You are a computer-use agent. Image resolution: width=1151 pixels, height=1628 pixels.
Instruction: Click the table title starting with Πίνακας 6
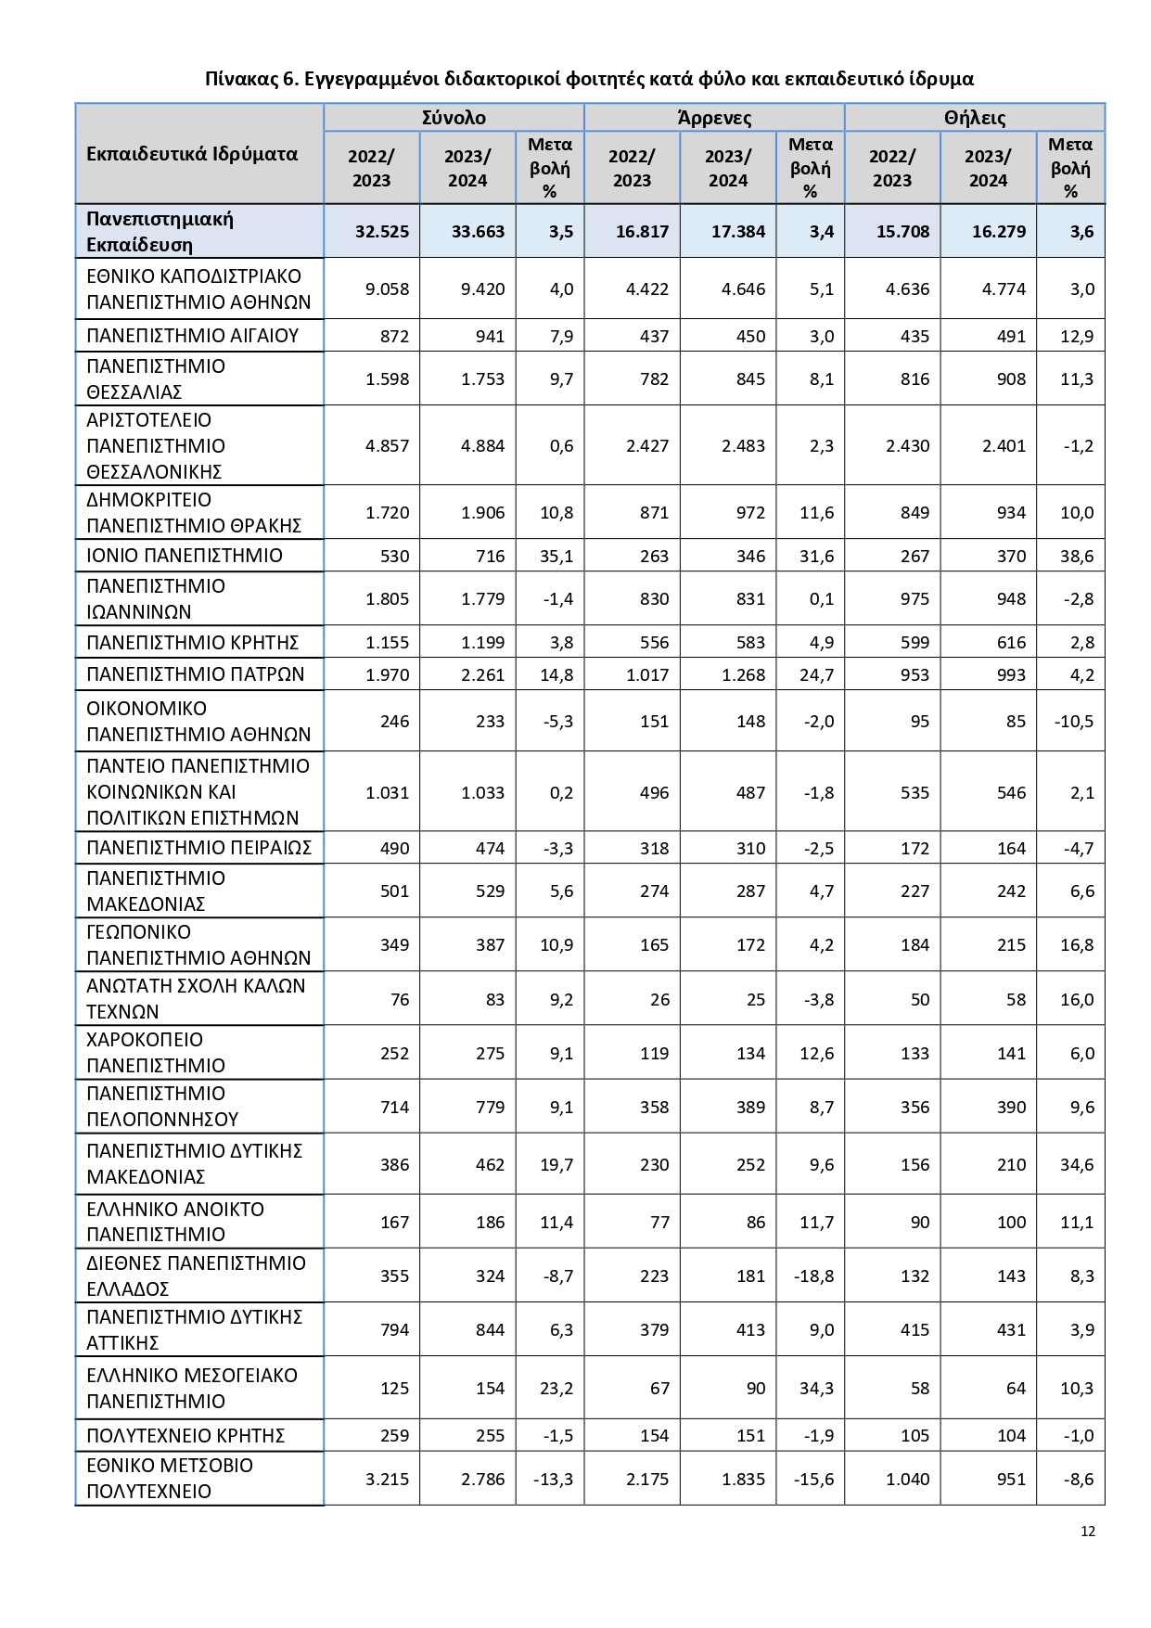589,79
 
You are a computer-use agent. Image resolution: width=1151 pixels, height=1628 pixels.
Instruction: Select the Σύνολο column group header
454,118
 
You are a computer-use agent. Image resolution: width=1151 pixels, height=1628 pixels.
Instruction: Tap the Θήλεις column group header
975,118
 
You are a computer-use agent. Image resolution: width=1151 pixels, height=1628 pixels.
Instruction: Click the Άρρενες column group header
714,118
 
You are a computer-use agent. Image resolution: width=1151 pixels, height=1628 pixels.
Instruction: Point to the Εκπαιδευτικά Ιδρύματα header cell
192,154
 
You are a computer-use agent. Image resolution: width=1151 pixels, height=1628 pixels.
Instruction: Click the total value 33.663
478,232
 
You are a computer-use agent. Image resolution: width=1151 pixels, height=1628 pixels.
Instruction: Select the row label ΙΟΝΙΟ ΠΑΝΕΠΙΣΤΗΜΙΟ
185,556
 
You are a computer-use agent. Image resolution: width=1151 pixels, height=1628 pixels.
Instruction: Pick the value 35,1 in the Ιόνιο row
556,557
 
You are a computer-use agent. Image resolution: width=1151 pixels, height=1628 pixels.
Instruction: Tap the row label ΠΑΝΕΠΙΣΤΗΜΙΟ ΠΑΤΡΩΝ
195,674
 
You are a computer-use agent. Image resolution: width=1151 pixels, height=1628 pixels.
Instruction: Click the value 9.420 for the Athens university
482,289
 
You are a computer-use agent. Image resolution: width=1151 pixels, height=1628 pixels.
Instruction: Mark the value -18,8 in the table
813,1276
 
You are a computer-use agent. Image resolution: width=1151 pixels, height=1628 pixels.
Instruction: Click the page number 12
1088,1532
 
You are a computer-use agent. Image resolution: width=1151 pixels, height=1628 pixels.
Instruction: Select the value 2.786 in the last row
482,1480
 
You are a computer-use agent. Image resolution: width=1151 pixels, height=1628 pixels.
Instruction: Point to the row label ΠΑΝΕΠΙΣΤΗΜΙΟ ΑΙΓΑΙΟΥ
192,336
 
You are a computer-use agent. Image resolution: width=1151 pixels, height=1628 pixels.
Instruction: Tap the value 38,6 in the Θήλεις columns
1077,557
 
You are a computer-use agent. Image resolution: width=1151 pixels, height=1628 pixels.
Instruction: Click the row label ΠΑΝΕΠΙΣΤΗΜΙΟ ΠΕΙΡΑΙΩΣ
198,848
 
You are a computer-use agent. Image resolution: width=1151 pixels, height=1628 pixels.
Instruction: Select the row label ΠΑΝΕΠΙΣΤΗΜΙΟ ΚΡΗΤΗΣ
192,643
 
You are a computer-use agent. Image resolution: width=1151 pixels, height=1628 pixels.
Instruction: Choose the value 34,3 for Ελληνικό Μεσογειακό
816,1389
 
